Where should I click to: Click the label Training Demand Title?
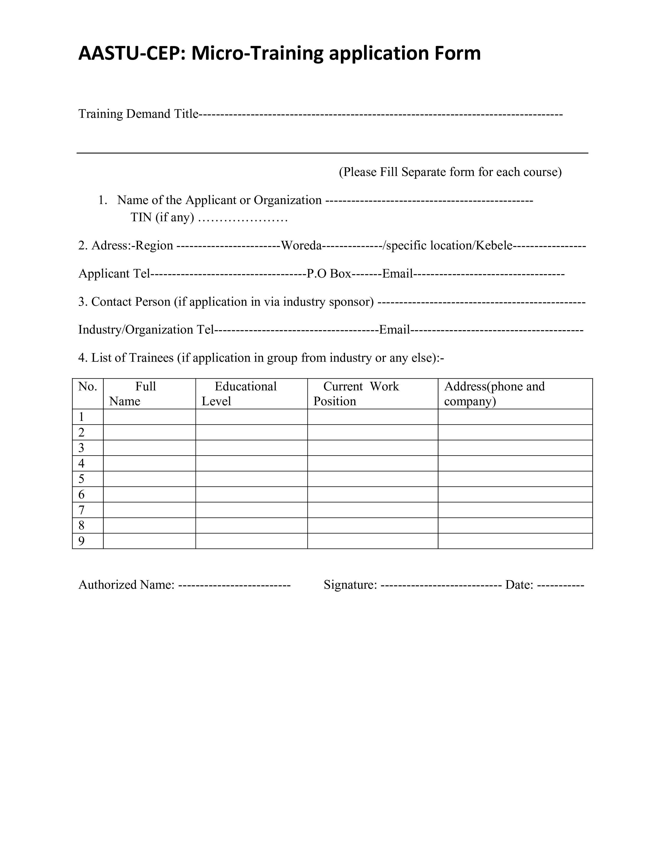coord(138,114)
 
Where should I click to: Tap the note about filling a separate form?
coord(450,172)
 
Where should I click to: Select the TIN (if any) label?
coord(162,217)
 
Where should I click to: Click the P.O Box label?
coord(329,274)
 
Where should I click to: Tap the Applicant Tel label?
coord(114,274)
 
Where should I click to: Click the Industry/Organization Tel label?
coord(146,330)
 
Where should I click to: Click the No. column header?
coord(87,387)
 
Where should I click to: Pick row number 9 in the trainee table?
coord(82,541)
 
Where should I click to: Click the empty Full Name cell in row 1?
coord(149,417)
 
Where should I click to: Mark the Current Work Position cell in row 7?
coord(372,510)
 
